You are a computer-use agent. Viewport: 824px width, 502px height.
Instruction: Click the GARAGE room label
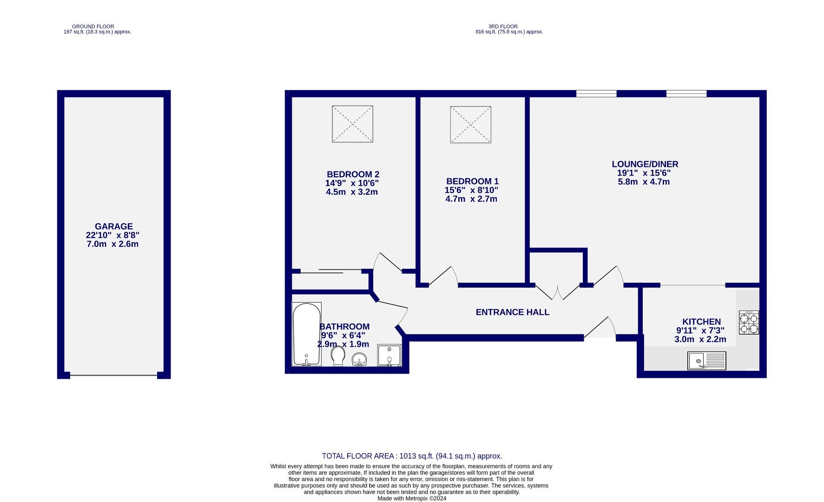pos(114,226)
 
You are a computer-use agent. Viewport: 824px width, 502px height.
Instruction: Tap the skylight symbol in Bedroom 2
pos(352,124)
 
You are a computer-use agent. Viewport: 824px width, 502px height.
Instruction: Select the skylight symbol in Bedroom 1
pos(470,125)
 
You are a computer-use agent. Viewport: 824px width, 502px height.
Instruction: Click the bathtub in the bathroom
pos(306,334)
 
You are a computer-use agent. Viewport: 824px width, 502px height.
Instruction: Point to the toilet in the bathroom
pos(338,357)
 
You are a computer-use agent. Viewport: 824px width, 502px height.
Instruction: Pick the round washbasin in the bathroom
pos(359,359)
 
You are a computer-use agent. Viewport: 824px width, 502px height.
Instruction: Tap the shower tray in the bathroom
pos(389,355)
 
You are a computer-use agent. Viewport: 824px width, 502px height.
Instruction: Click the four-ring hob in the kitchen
pos(749,323)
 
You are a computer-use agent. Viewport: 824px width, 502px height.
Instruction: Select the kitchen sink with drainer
pos(706,361)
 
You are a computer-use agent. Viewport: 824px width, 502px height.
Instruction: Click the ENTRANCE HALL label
pos(512,312)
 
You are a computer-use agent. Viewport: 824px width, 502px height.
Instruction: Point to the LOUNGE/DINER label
pos(645,164)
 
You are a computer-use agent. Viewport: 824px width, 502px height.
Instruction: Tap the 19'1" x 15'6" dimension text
pos(644,173)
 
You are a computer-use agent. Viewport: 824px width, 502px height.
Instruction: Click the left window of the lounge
pos(596,93)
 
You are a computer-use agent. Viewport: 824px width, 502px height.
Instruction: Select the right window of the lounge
pos(686,93)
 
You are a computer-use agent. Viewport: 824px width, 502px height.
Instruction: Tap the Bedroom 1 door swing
pos(444,276)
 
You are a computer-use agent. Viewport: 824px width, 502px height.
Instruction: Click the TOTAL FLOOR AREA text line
pos(412,456)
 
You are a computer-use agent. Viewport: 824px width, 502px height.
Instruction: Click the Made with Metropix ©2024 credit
pos(411,498)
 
